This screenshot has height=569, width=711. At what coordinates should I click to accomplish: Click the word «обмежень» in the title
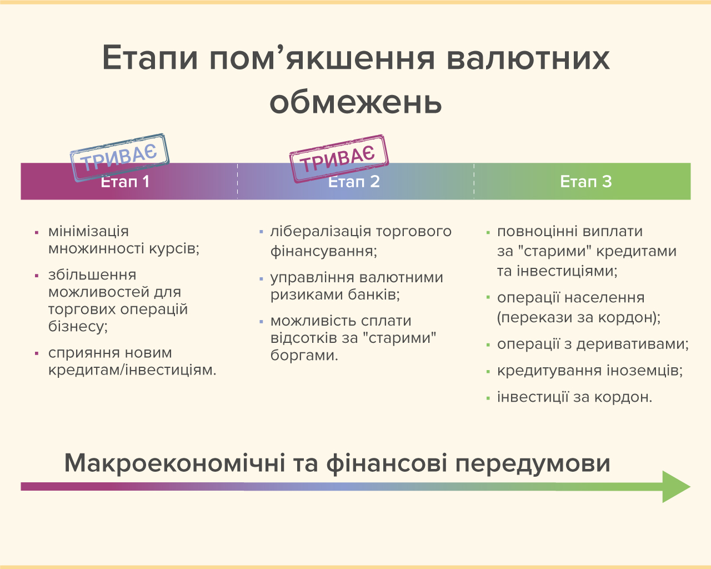(355, 102)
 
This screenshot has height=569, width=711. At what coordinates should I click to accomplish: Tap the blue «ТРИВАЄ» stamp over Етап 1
(119, 157)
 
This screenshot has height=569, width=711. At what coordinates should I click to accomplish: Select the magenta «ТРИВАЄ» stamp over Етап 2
(339, 158)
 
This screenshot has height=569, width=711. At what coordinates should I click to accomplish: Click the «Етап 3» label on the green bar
(586, 181)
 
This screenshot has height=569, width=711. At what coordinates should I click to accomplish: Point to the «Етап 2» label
(354, 182)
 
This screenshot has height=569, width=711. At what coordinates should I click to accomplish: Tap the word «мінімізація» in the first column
(88, 231)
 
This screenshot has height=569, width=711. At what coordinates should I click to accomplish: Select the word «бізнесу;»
(78, 327)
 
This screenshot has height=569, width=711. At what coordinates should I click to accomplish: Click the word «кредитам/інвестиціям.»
(132, 370)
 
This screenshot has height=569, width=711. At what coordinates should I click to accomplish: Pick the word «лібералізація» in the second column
(321, 232)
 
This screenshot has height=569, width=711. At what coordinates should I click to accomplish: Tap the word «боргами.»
(304, 356)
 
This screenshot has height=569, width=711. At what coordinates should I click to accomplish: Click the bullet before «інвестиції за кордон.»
(488, 398)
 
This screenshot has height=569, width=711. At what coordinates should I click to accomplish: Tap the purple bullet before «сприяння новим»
(37, 354)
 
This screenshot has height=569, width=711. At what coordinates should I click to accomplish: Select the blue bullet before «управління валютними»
(261, 279)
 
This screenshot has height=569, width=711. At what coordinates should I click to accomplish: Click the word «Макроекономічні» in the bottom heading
(175, 463)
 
